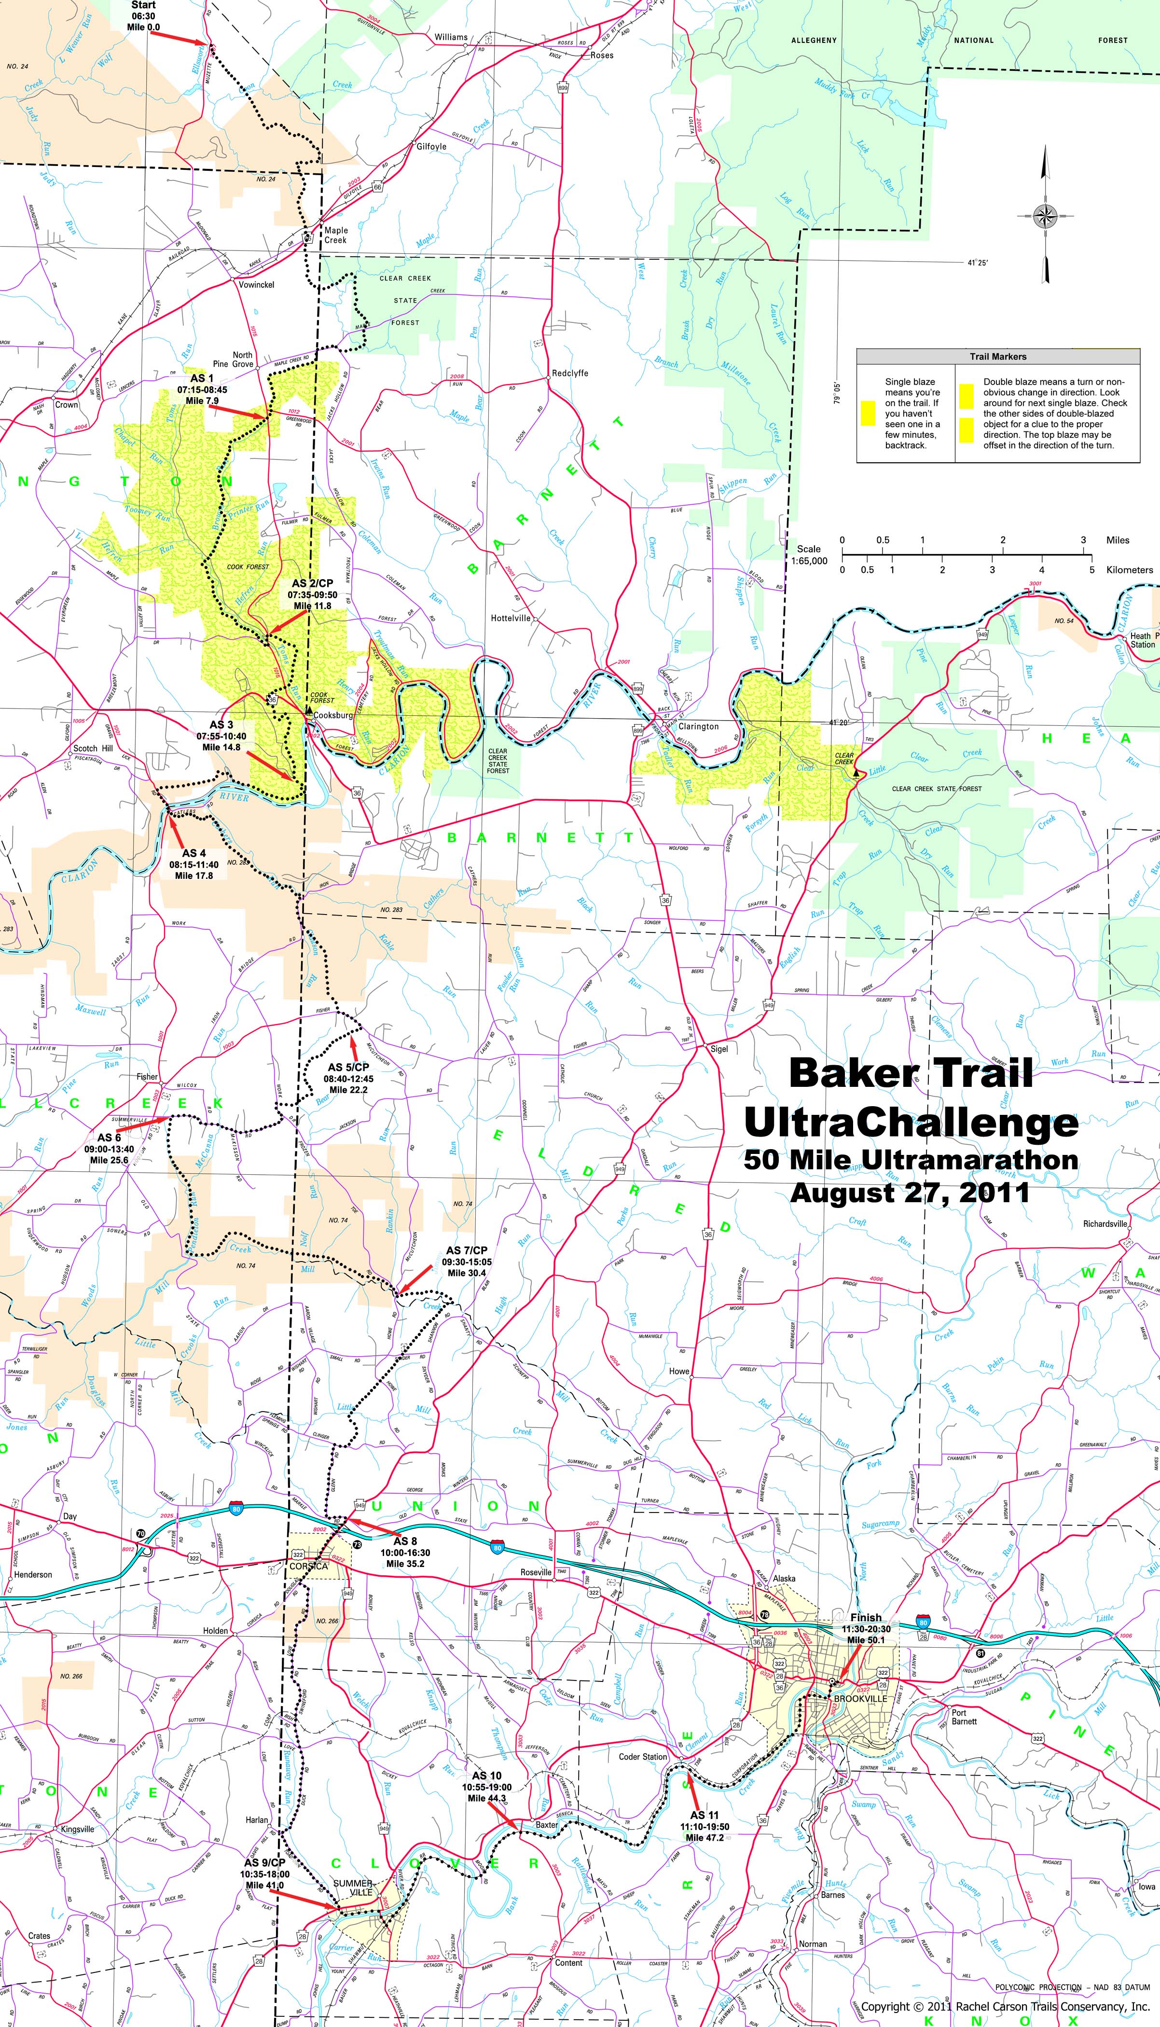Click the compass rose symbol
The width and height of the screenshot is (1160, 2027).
click(1045, 215)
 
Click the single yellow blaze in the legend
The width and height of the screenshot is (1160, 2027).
click(868, 412)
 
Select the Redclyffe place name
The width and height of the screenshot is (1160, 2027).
click(570, 373)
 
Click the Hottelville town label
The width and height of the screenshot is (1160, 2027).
click(511, 617)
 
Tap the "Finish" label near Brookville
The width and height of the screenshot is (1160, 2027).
click(866, 1617)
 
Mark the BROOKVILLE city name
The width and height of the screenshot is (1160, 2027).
click(860, 1698)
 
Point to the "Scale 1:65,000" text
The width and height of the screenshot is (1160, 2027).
click(811, 555)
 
